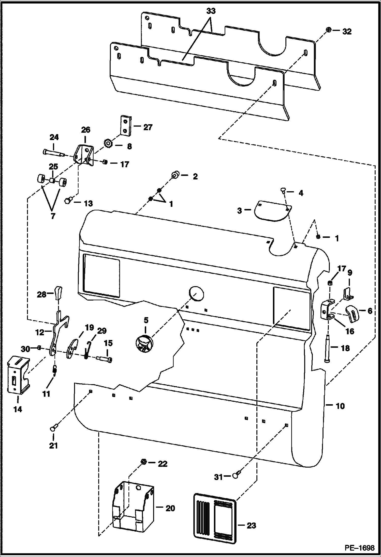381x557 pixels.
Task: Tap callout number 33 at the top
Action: click(211, 11)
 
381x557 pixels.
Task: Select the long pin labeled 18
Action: click(327, 349)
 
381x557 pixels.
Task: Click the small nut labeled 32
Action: click(328, 30)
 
